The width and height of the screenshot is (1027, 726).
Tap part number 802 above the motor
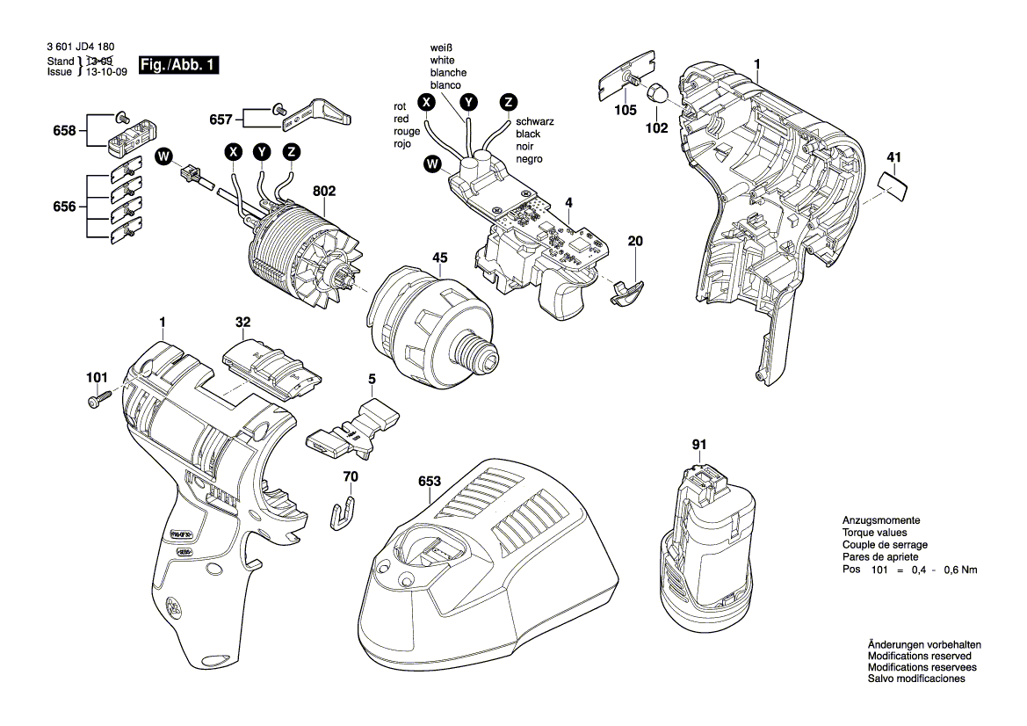(x=324, y=191)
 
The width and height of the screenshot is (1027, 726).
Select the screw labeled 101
(x=99, y=398)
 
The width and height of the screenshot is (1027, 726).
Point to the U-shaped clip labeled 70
(x=341, y=512)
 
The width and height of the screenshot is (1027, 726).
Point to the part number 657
(x=221, y=120)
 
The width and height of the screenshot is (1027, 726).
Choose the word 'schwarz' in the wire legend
(x=534, y=122)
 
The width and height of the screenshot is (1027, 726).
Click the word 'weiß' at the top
(x=441, y=47)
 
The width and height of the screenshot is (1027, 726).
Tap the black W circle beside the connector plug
(x=163, y=156)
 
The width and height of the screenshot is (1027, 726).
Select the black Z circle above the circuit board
(x=509, y=102)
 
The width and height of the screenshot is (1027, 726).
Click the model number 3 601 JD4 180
(x=81, y=47)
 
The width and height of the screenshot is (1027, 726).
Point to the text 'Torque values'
(x=874, y=533)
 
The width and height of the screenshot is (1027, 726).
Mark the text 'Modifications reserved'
(x=920, y=656)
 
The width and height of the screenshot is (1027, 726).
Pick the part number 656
(x=64, y=207)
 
